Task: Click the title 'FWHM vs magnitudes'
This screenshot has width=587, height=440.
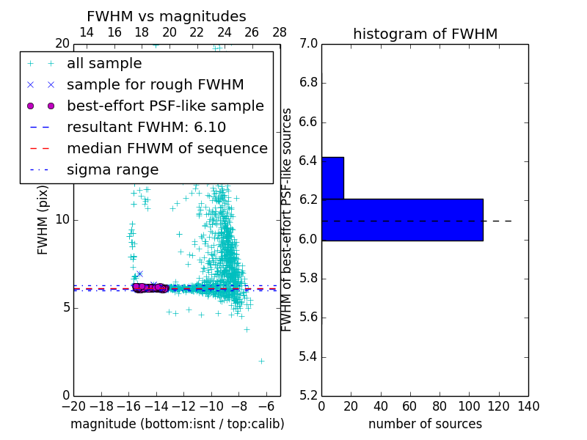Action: coord(167,17)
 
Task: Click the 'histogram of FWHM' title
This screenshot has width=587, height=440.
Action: coord(425,34)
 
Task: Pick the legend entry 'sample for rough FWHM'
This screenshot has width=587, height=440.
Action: coord(155,84)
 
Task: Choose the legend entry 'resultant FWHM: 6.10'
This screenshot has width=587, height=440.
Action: coord(146,127)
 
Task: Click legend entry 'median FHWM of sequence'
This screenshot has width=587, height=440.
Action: coord(167,148)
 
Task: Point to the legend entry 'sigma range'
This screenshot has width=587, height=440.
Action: coord(112,169)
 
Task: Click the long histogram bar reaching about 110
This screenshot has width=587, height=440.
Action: coord(402,219)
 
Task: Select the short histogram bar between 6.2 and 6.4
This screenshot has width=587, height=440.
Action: coord(332,177)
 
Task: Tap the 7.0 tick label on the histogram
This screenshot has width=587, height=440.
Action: coord(309,44)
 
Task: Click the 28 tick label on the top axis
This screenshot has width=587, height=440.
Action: coord(280,32)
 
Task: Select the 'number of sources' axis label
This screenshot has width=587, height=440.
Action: coord(425,424)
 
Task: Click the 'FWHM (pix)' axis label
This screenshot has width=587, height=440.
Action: coord(43,219)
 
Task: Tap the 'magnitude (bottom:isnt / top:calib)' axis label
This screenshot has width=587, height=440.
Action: coord(177,424)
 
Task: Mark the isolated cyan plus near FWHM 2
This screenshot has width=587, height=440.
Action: coord(261,361)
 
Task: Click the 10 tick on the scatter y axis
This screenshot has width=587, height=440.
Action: coord(62,219)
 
